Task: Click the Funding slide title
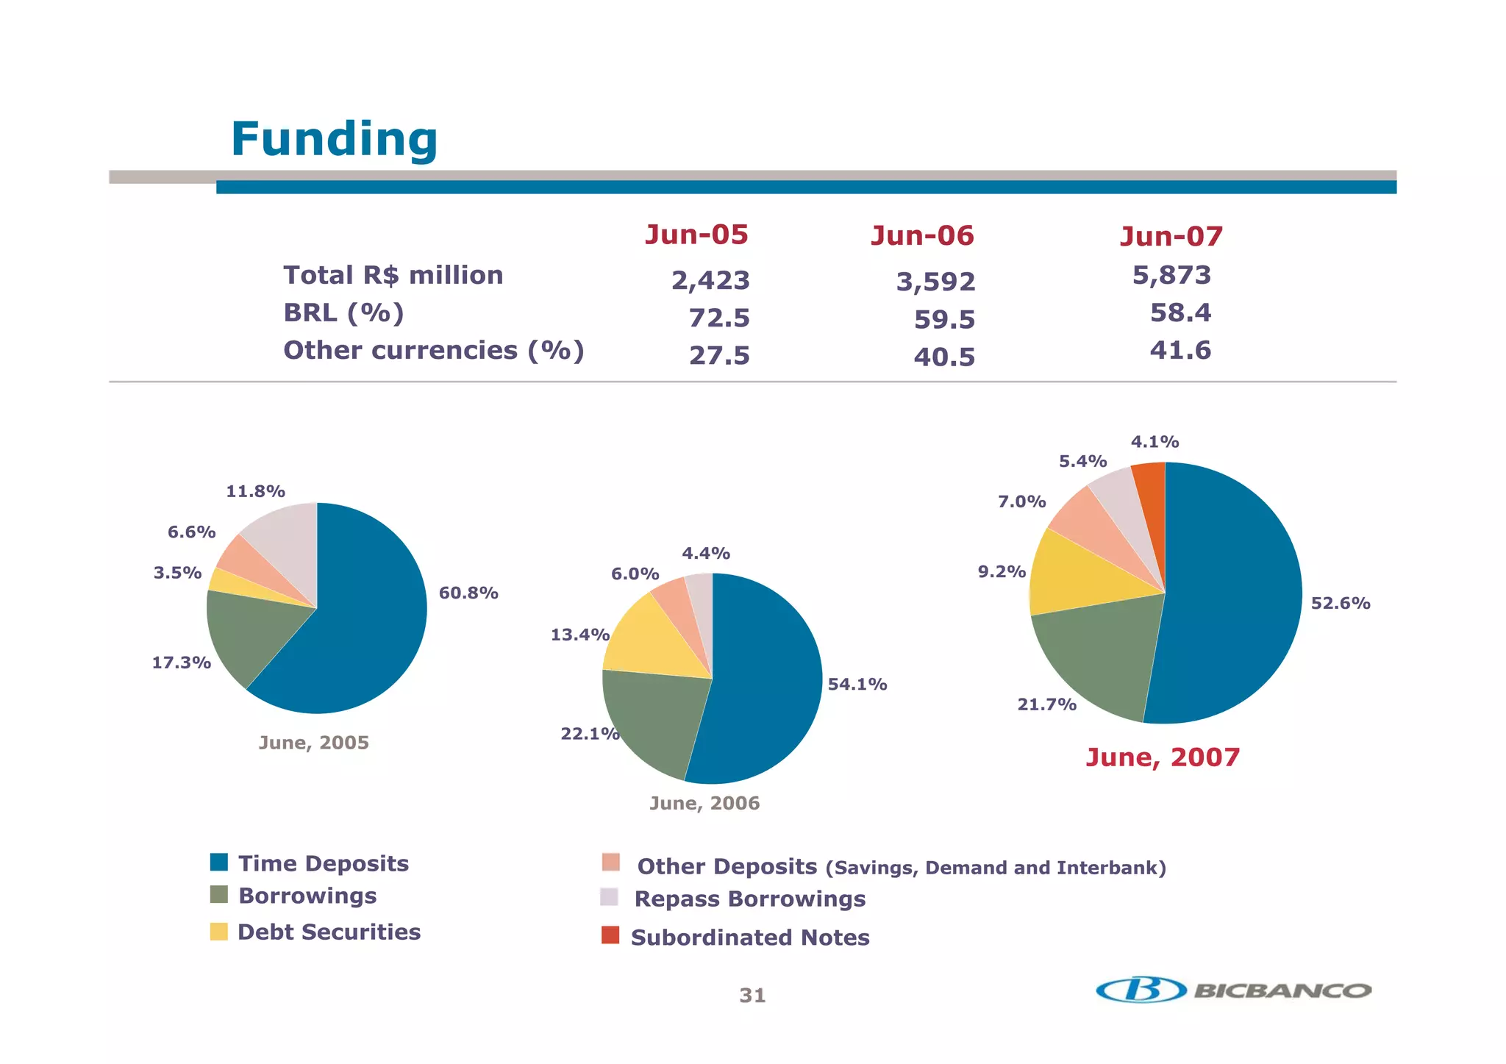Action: click(x=335, y=139)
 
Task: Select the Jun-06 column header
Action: click(x=922, y=236)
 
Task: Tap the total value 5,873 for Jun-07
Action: click(x=1171, y=275)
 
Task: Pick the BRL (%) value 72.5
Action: click(x=718, y=318)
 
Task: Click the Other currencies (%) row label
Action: click(x=433, y=350)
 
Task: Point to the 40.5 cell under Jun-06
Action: click(x=944, y=357)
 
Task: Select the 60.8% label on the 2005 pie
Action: click(x=468, y=593)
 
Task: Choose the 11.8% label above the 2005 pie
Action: click(x=255, y=491)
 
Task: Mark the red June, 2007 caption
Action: click(x=1163, y=757)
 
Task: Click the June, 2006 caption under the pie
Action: click(x=704, y=803)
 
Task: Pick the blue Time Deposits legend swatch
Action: click(x=219, y=862)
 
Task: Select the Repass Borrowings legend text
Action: click(x=749, y=899)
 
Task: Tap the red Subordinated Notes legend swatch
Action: click(x=610, y=935)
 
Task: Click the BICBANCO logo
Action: click(x=1233, y=990)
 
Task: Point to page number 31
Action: click(x=752, y=996)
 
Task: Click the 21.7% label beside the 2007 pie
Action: click(x=1046, y=704)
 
